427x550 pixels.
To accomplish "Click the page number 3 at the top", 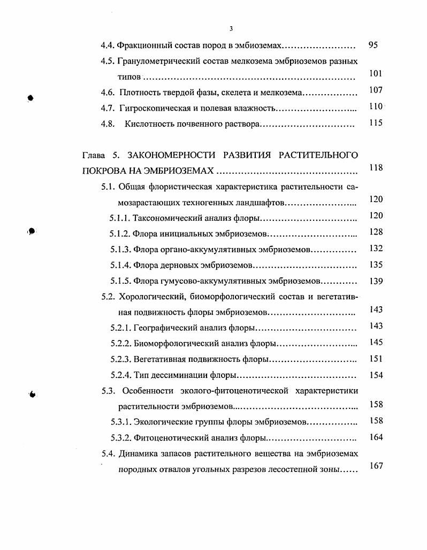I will (231, 28).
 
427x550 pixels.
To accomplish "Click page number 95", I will (373, 45).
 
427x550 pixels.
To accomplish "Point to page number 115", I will (376, 123).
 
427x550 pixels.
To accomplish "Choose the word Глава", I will (94, 156).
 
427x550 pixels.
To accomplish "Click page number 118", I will (376, 168).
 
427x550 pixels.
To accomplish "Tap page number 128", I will (376, 231).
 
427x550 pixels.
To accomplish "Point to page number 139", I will (376, 281).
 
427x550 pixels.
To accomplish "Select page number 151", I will (376, 358).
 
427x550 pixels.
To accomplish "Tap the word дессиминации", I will (174, 375).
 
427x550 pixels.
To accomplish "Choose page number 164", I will (376, 437).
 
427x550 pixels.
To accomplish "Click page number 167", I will (376, 466).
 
